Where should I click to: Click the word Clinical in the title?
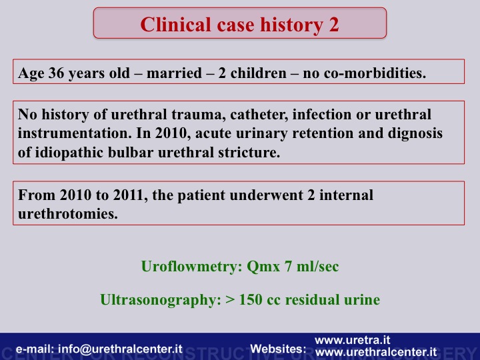pos(176,25)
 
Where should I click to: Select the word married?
pos(174,73)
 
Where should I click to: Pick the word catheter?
pos(259,115)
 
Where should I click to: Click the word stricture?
pos(249,152)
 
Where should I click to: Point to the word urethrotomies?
pos(68,214)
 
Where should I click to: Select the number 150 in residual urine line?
pos(250,300)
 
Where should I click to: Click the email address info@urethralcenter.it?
pos(120,349)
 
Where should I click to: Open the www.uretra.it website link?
pos(353,340)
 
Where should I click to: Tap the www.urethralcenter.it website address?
pos(376,352)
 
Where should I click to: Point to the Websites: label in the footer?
pos(278,349)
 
